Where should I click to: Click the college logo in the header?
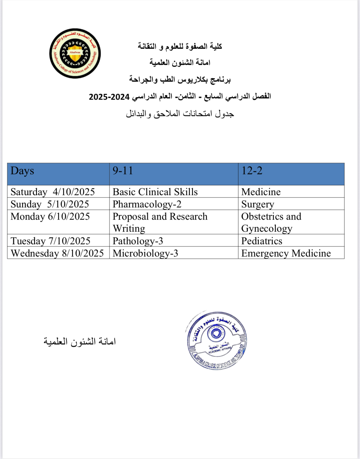(75, 53)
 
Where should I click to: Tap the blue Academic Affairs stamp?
(216, 340)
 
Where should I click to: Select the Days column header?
(22, 171)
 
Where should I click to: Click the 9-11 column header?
(123, 171)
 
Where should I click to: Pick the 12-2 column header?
(252, 171)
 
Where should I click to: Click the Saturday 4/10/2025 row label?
(53, 192)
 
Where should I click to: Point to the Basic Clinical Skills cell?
(155, 192)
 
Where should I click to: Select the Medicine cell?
(261, 192)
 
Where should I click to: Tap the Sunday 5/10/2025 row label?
(50, 204)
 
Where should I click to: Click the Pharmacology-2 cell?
(147, 204)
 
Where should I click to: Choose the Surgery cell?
(258, 204)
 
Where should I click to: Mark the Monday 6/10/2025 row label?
(50, 217)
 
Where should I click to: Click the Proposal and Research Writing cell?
(160, 222)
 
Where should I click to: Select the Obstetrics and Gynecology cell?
(271, 222)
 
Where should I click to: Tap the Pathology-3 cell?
(138, 241)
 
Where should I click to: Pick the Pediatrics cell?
(262, 241)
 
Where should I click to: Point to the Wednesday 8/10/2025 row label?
(57, 253)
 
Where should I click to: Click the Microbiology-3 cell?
(145, 253)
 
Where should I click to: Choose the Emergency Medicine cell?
(286, 253)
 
